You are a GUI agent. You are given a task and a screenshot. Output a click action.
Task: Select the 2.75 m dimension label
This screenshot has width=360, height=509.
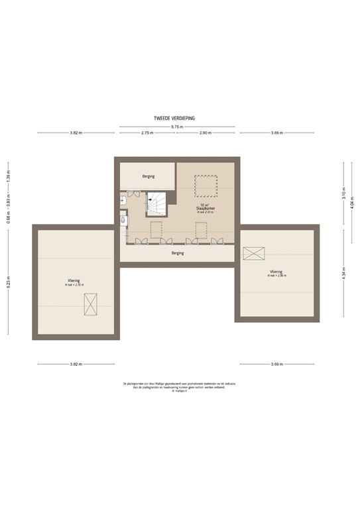tap(147, 133)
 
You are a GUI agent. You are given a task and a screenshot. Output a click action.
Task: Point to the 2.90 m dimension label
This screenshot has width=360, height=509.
tap(205, 133)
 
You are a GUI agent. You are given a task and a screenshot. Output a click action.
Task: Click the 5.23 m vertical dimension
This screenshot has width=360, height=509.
tap(9, 283)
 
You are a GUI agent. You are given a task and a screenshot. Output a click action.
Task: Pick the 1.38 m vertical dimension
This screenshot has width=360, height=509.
tap(9, 177)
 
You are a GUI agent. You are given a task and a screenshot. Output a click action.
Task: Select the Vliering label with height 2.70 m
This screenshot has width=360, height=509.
tap(74, 282)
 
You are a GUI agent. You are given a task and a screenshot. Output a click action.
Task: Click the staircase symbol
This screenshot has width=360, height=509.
tap(158, 204)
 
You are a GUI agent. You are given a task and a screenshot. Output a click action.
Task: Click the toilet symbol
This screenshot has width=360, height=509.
tap(123, 220)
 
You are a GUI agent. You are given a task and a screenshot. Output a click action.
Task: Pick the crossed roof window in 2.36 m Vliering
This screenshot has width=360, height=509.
tap(254, 253)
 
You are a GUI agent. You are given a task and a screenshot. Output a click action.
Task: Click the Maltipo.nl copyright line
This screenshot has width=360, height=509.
tap(180, 391)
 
